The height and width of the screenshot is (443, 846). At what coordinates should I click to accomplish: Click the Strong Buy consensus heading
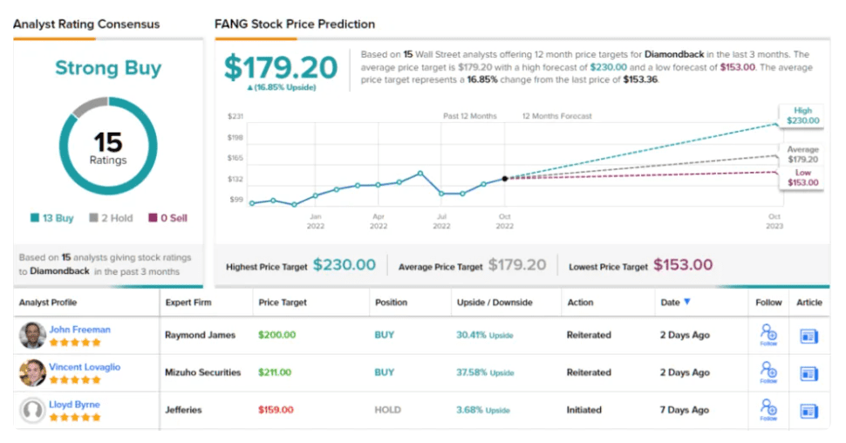coord(108,68)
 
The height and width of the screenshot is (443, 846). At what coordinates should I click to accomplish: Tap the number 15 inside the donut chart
coord(108,142)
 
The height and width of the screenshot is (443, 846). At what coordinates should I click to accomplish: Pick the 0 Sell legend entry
coord(167,218)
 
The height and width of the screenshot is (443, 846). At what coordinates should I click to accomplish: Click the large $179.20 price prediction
coord(280,67)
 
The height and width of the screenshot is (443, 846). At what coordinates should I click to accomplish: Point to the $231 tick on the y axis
coord(235,116)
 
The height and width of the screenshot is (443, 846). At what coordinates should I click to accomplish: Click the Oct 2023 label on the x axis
coord(774,221)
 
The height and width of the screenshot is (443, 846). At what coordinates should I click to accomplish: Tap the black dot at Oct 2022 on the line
coord(505,179)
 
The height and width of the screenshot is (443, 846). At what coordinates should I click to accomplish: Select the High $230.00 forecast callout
coord(802,116)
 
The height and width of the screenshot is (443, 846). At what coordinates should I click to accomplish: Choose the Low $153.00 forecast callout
coord(802,177)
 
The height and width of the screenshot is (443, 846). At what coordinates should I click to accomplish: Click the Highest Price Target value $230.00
coord(344,265)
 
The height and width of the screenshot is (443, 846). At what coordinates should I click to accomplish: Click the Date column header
coord(675,303)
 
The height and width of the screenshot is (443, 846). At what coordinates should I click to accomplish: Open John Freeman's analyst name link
coord(80,330)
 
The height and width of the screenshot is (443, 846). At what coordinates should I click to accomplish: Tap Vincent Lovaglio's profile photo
coord(32,372)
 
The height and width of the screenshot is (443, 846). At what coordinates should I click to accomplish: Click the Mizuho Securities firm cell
coord(202,372)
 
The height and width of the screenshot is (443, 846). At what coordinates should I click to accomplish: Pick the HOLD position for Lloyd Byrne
coord(387,410)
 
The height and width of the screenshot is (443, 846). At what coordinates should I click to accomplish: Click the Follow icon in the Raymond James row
coord(768,335)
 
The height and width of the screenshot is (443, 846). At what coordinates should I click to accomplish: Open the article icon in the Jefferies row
coord(808,411)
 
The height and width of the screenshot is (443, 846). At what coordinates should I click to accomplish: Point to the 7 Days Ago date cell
coord(685,410)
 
